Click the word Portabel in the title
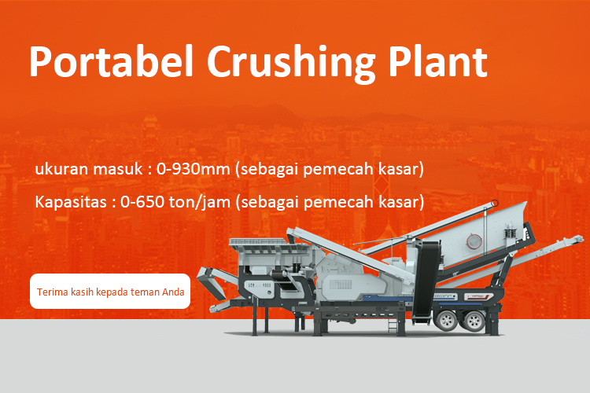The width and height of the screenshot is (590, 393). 111,61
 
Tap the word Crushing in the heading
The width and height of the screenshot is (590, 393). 291,64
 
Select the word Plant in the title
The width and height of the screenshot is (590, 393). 438,61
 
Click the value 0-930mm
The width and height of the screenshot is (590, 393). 193,169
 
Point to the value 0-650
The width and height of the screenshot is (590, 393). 142,202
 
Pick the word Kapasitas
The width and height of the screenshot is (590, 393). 71,203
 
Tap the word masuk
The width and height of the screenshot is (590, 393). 118,169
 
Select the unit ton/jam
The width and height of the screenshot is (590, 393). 200,203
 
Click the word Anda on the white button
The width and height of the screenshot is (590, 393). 173,292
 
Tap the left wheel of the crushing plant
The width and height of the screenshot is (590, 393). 447,320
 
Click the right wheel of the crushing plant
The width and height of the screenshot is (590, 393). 474,321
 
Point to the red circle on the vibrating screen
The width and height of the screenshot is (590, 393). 474,241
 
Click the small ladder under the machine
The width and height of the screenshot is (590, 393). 393,324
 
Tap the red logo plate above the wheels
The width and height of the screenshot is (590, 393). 478,297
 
